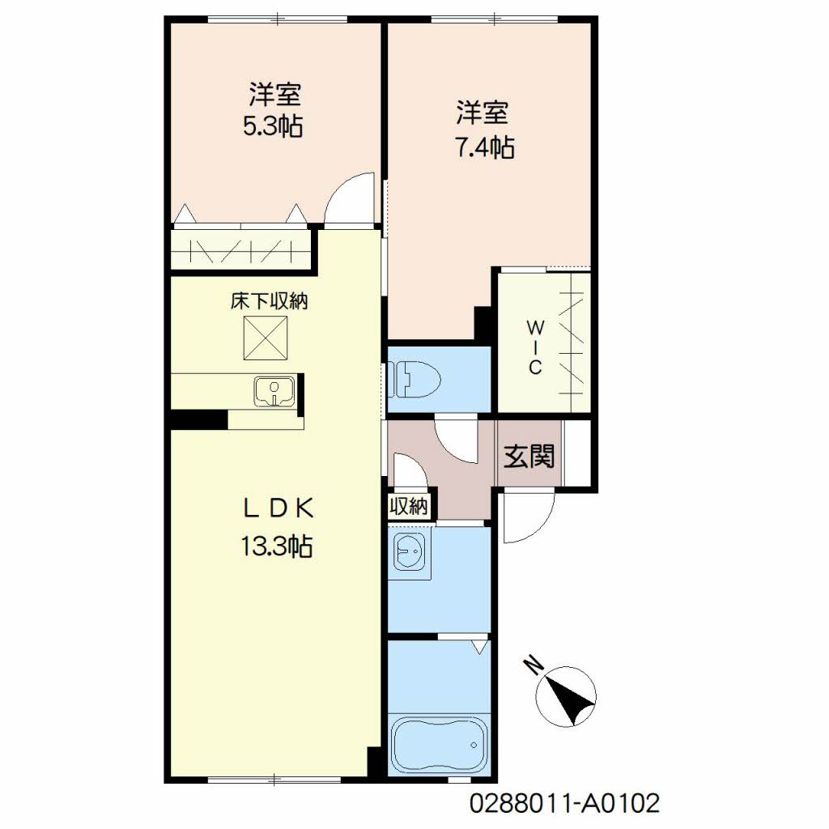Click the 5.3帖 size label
click(273, 126)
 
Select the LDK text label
click(278, 508)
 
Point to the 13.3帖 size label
click(277, 546)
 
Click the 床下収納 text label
click(269, 301)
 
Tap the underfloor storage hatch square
click(266, 338)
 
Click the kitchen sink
click(274, 392)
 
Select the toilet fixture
click(415, 379)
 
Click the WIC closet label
click(535, 347)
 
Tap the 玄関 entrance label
click(529, 456)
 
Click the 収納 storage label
click(408, 507)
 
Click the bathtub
click(440, 745)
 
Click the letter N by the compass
click(534, 666)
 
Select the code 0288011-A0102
click(564, 804)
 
